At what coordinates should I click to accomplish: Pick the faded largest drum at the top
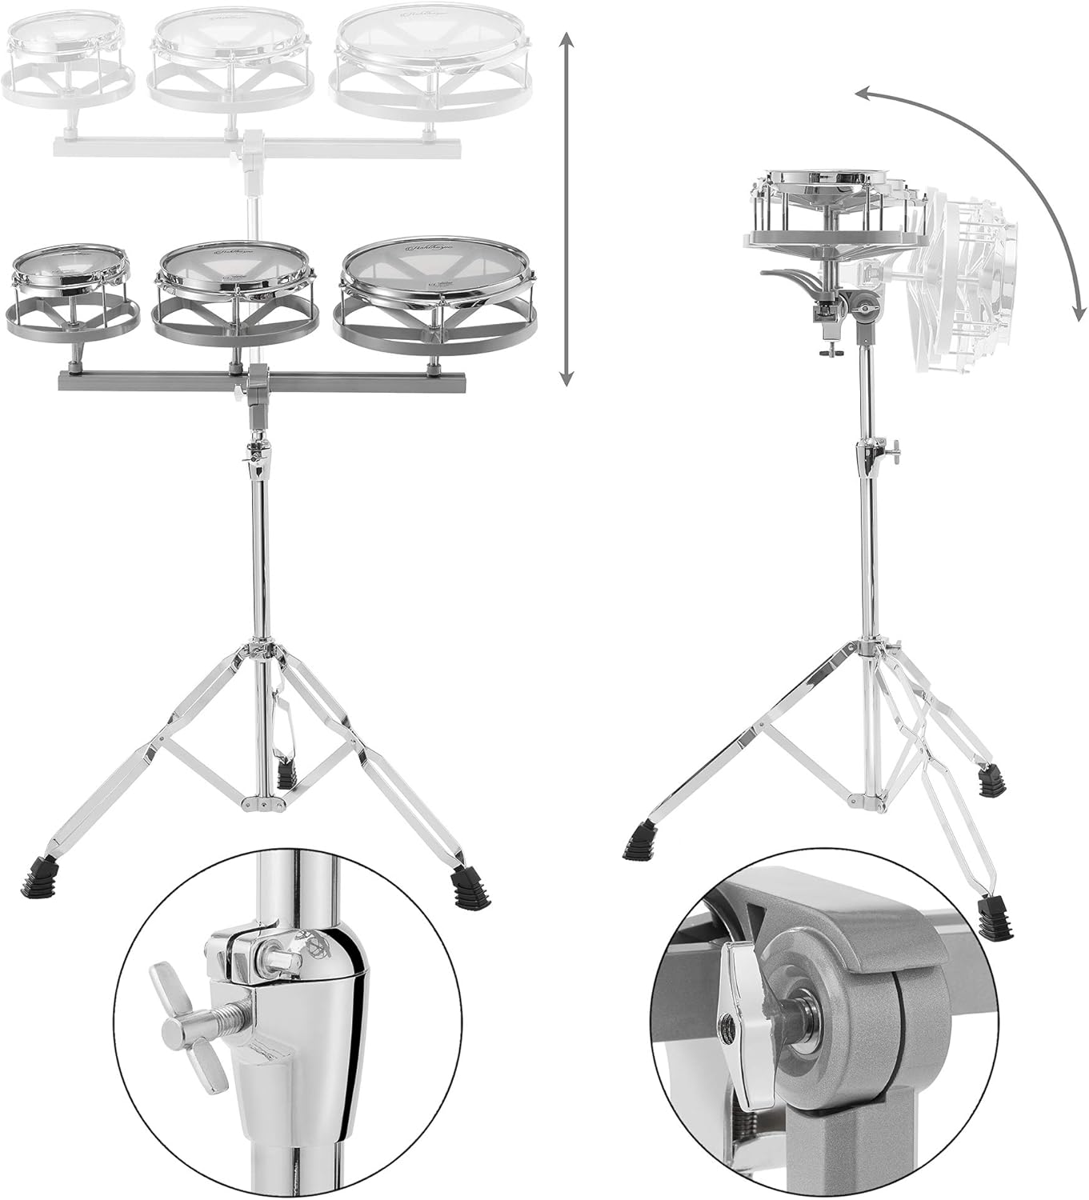(433, 44)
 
